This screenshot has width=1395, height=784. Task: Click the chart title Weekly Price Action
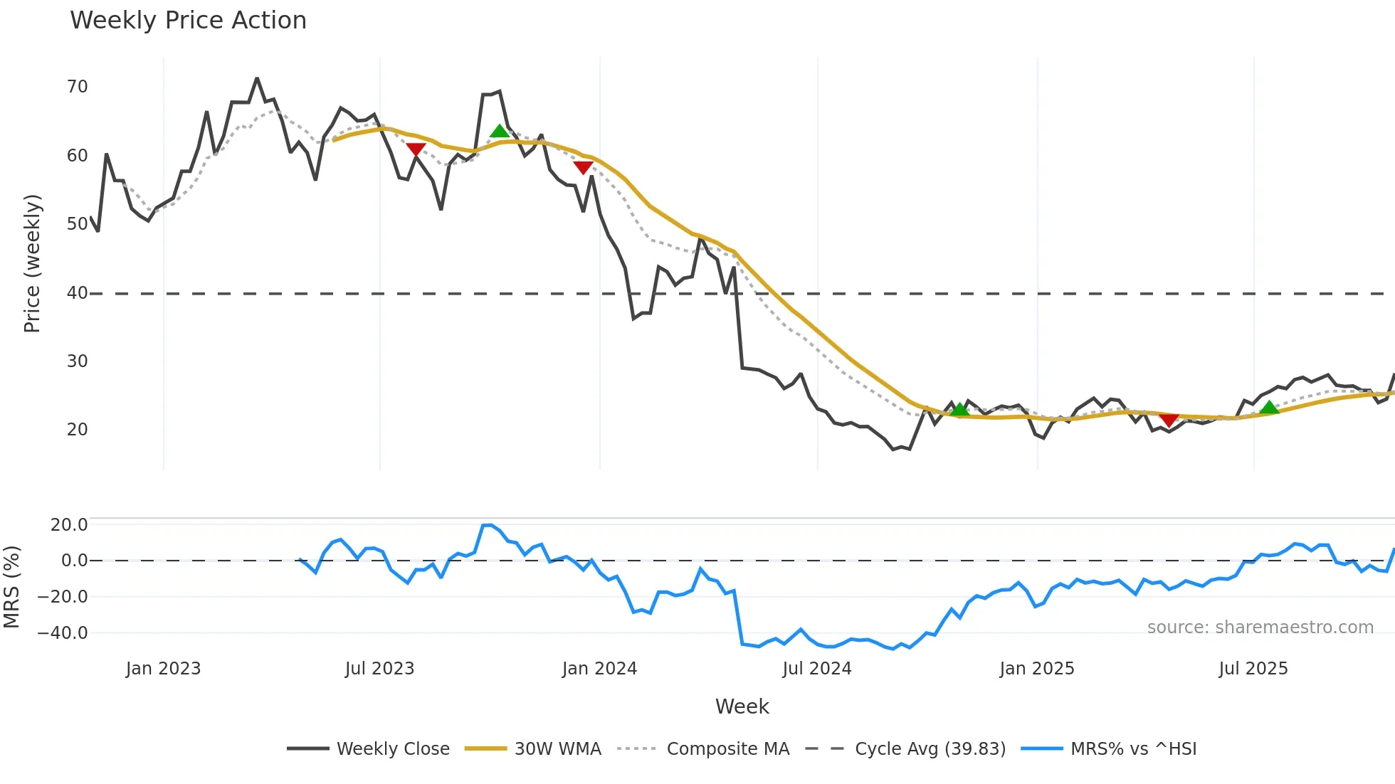coord(188,21)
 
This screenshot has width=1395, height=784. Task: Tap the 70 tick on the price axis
coord(77,87)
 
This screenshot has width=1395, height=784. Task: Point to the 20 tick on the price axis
coord(77,430)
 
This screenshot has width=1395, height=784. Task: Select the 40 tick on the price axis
coord(77,292)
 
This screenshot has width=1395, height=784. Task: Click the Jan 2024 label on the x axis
coord(599,669)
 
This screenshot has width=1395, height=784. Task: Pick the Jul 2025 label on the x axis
coord(1253,669)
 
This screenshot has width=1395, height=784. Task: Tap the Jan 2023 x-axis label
coord(163,669)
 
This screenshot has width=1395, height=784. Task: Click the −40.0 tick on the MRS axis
coord(63,632)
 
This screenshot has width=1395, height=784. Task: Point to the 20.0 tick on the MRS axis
coord(68,525)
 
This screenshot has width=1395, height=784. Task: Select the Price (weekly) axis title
coord(32,263)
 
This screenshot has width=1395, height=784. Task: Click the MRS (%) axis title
coord(11,587)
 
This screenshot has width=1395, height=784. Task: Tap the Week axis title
coord(742,706)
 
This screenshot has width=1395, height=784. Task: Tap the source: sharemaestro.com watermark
coord(1260,627)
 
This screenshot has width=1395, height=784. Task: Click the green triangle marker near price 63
coord(500,131)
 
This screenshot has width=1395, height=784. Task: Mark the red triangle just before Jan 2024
coord(583,168)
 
